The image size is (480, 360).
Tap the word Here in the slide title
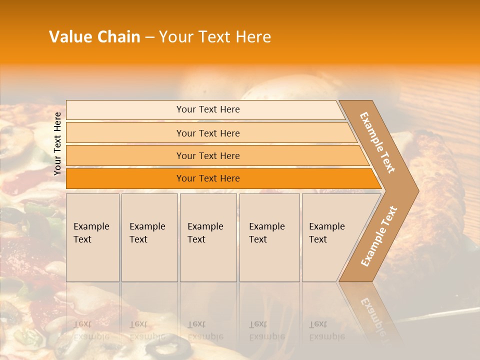(x=253, y=37)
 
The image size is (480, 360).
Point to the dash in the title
(x=149, y=37)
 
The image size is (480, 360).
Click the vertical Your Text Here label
(x=57, y=143)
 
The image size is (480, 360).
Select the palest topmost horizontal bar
(x=205, y=109)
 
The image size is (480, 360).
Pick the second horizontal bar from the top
(x=210, y=133)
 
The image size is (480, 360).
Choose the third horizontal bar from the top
(x=215, y=155)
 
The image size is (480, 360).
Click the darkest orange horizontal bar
(x=220, y=178)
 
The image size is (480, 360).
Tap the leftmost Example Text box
(x=92, y=237)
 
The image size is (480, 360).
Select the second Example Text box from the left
(x=149, y=237)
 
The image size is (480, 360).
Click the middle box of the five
(x=208, y=237)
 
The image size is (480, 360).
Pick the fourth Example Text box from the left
(x=269, y=237)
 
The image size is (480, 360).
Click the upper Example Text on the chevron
(x=378, y=142)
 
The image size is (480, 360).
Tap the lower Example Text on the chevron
(x=378, y=236)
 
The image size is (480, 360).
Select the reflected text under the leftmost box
(x=91, y=330)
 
